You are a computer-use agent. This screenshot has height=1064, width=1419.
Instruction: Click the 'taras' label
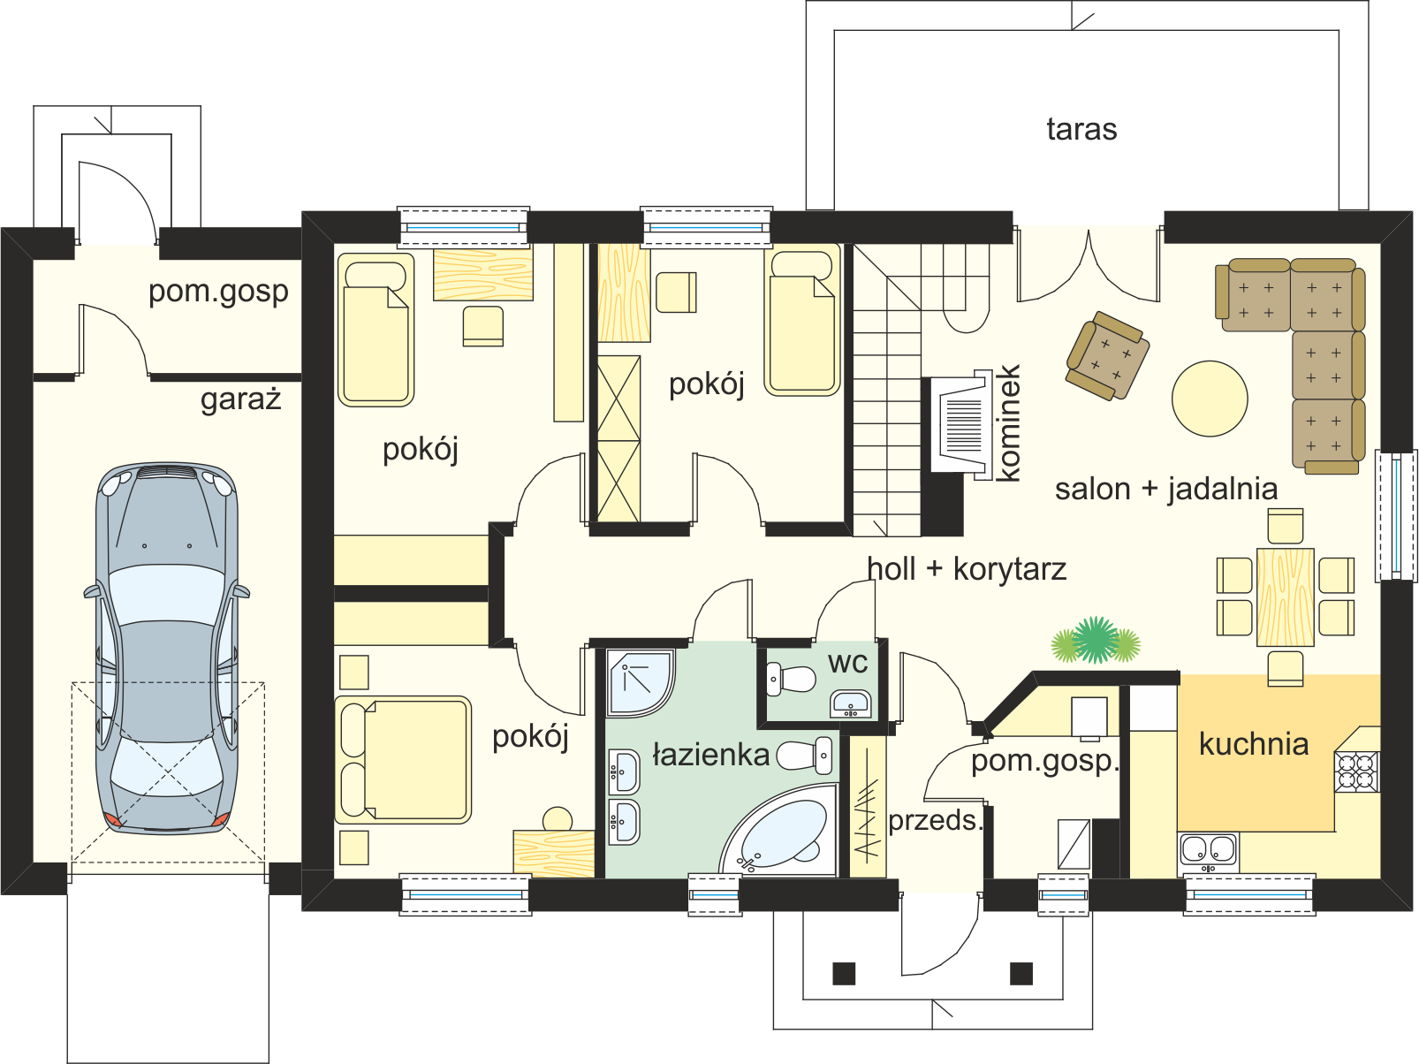[1081, 129]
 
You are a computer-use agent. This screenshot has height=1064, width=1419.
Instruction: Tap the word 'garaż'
[240, 399]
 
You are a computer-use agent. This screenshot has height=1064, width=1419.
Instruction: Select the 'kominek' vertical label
[1008, 423]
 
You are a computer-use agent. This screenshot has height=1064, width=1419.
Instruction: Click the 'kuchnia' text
[1254, 743]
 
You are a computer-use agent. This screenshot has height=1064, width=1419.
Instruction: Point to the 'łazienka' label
[711, 755]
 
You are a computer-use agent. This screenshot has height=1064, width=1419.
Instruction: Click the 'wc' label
[847, 663]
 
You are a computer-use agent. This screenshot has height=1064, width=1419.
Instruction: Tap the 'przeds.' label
[936, 822]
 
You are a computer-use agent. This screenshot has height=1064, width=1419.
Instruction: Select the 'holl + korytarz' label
[967, 569]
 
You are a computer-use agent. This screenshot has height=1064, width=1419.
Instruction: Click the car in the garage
[167, 647]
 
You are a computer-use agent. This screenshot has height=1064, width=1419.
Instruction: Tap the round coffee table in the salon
[1210, 399]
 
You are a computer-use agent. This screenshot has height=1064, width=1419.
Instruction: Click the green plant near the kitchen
[1096, 641]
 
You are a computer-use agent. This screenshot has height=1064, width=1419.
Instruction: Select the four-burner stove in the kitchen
[1357, 771]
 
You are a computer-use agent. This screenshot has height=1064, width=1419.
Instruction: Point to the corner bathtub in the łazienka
[779, 830]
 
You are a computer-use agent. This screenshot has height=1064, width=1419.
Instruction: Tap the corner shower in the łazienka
[640, 683]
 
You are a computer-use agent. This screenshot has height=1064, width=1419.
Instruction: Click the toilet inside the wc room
[791, 680]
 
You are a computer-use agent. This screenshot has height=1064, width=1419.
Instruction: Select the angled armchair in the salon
[1107, 355]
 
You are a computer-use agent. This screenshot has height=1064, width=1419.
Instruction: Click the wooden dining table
[1286, 597]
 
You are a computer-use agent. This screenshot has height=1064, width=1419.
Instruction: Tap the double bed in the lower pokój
[403, 759]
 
